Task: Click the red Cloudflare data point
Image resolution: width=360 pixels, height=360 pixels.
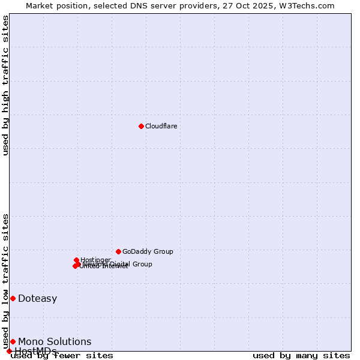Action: coord(141,126)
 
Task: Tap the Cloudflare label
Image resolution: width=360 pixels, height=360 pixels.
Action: coord(161,126)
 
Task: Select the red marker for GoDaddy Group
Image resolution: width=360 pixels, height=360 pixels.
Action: coord(118,251)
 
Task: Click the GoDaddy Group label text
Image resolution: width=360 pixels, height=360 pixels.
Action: coord(148,251)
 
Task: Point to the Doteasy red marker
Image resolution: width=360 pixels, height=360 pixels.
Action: coord(13,298)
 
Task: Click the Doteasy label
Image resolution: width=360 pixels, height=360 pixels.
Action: coord(37,299)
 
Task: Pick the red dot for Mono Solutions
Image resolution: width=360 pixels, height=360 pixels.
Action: coord(13,341)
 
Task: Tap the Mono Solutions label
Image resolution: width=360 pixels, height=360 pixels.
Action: coord(55,342)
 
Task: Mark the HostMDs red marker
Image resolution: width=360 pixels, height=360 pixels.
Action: coord(9,351)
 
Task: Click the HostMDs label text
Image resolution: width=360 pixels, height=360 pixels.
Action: coord(35,351)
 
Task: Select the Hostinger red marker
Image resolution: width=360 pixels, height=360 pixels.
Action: coord(77,260)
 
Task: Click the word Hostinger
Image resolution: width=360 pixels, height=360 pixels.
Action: coord(95,260)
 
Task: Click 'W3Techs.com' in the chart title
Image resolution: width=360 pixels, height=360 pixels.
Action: coord(305,6)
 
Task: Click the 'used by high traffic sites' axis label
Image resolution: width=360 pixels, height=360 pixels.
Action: coord(6,85)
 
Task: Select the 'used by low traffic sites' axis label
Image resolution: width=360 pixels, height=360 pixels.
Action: coord(6,281)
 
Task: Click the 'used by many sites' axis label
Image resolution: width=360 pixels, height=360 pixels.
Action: coord(301,356)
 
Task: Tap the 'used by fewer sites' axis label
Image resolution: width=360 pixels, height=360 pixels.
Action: coord(62,356)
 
